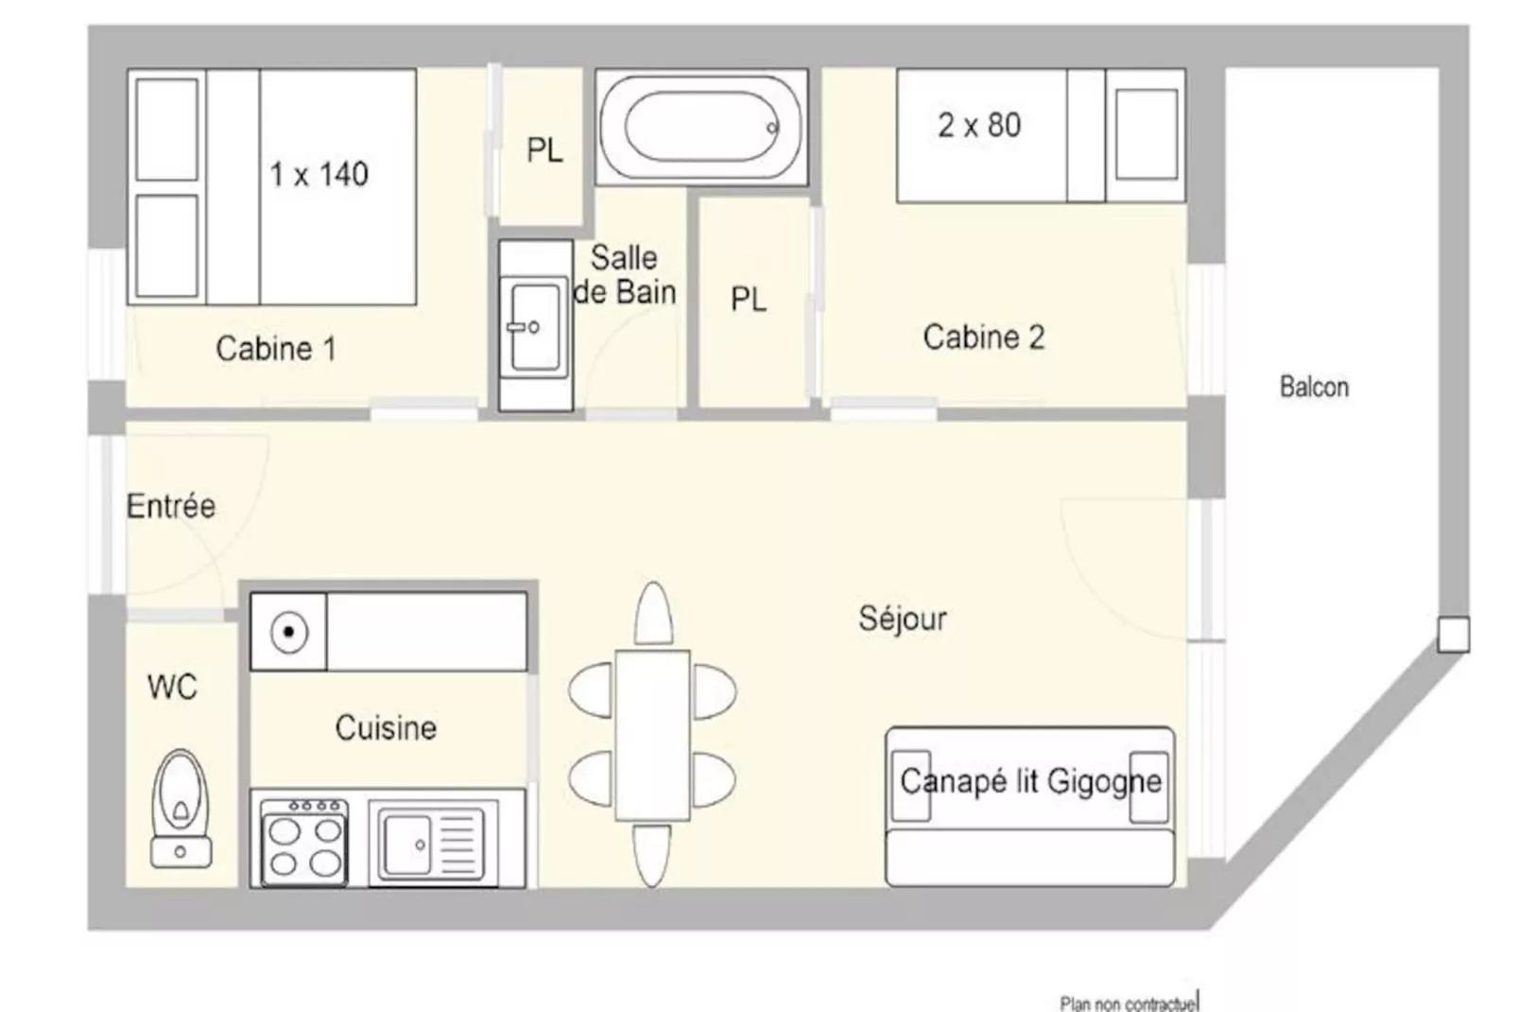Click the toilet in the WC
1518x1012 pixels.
point(181,809)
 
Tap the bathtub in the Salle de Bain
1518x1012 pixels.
point(701,127)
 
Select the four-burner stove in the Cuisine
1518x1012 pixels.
point(305,842)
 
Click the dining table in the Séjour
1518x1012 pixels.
point(652,735)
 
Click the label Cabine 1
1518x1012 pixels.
point(276,349)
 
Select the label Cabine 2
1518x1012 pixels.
point(984,337)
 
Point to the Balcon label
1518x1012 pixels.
point(1314,387)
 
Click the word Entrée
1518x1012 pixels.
point(171,505)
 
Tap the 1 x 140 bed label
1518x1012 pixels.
point(319,174)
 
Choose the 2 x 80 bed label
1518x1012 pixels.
point(979,126)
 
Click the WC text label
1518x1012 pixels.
point(172,687)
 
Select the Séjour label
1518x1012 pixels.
point(903,618)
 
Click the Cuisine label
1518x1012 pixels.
point(386,728)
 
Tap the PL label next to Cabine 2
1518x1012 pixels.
point(749,299)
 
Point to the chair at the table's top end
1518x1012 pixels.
point(653,613)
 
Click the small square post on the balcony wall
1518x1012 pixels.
point(1453,635)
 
